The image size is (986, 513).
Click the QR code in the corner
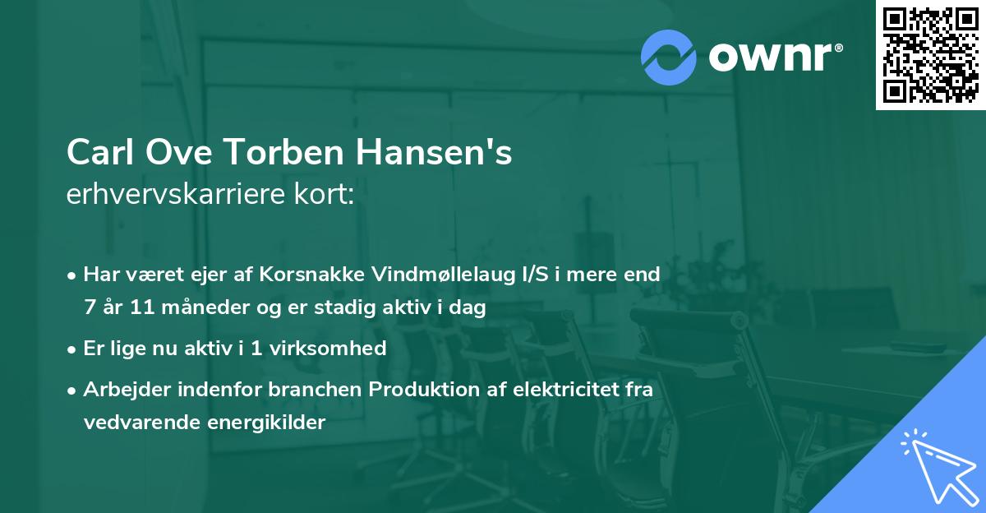coord(931,55)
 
